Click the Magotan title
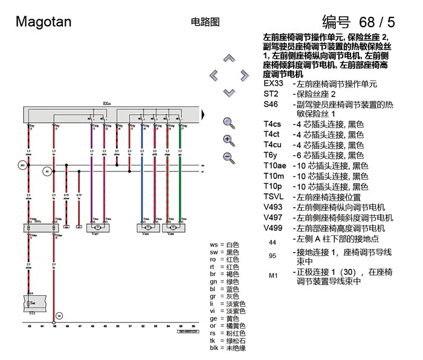[x=44, y=22]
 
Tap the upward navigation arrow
[x=228, y=59]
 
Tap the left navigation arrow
[x=213, y=76]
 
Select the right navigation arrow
[x=244, y=76]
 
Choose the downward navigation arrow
[x=228, y=92]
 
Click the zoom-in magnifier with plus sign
[x=228, y=140]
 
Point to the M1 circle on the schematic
[x=22, y=165]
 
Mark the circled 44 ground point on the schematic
[x=59, y=315]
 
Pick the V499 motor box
[x=173, y=227]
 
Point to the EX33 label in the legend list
[x=273, y=83]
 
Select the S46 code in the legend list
[x=271, y=104]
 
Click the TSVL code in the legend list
[x=274, y=196]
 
